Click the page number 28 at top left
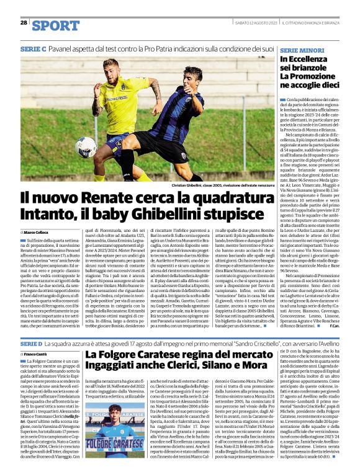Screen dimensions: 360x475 (24, 22)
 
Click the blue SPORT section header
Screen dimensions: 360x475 (56, 25)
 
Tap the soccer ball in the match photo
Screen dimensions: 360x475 (86, 148)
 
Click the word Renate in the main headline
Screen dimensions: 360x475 (112, 199)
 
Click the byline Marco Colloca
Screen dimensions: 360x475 (37, 232)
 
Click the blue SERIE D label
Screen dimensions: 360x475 (32, 343)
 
